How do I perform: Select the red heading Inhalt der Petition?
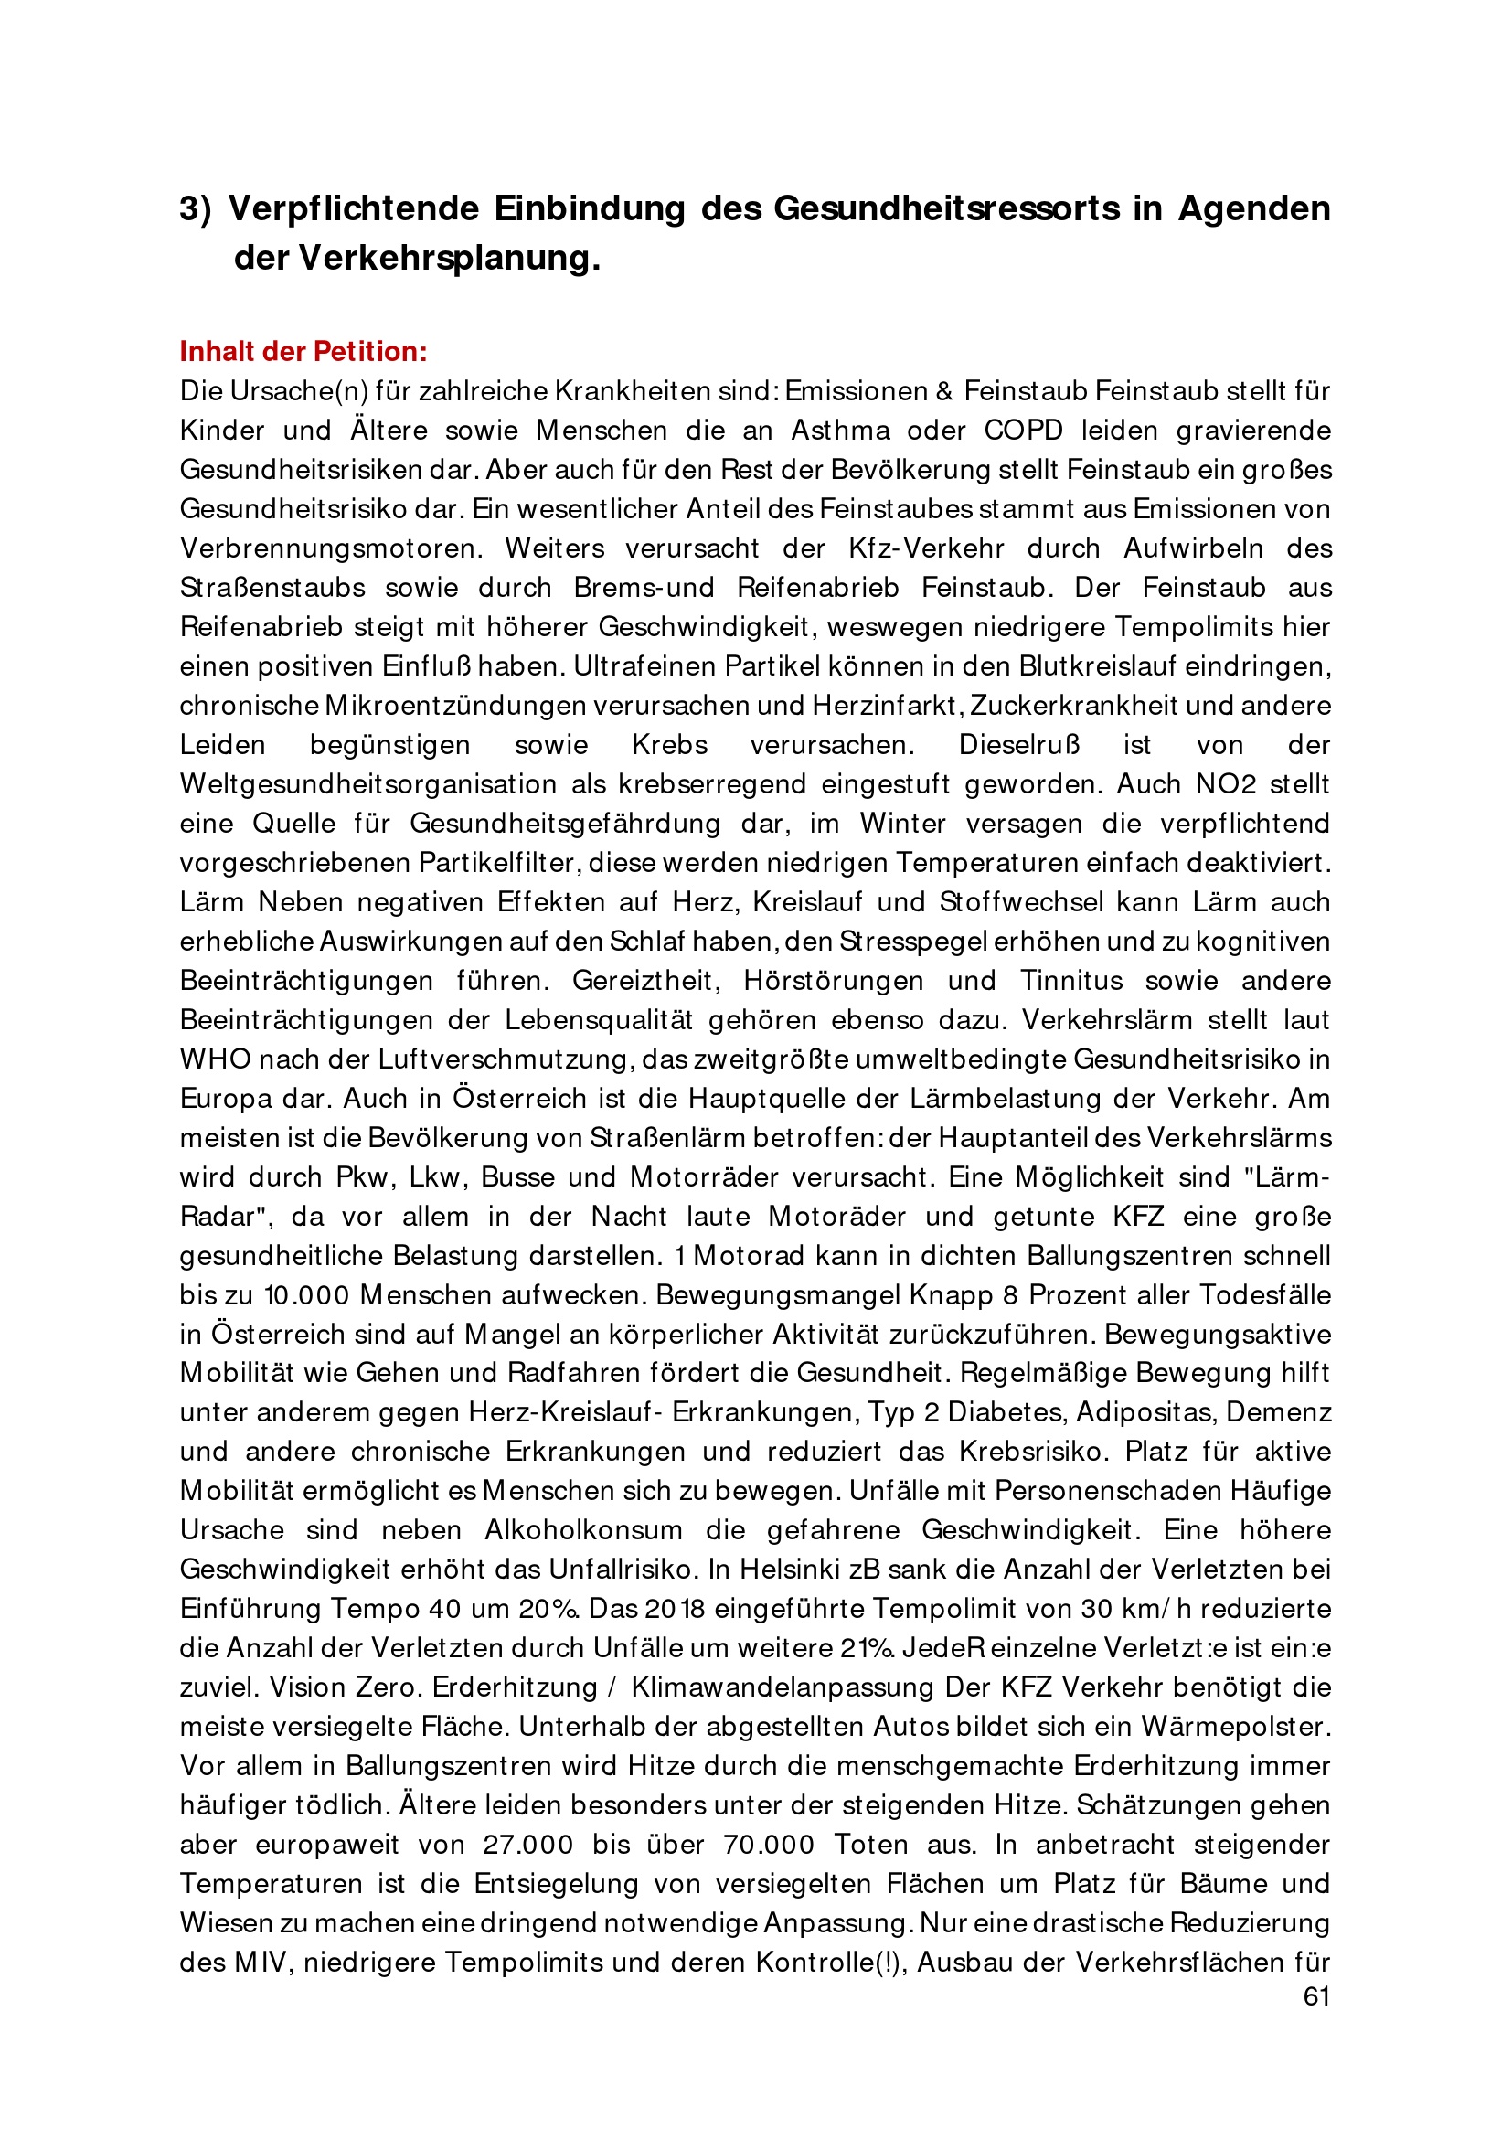(303, 351)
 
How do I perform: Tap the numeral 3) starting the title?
(196, 208)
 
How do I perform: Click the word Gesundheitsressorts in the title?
(946, 208)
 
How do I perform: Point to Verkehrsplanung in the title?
(449, 258)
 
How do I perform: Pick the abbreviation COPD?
(1023, 431)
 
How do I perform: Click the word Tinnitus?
(1071, 980)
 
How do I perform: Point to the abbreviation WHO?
(215, 1059)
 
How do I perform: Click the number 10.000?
(306, 1295)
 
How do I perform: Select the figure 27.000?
(527, 1844)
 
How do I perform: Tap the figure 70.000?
(769, 1844)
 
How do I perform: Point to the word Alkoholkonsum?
(583, 1529)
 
